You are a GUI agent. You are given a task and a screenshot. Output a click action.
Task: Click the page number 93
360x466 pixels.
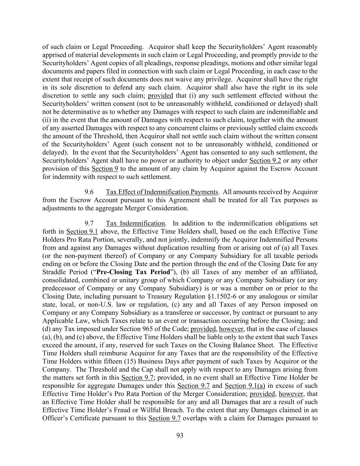[180, 435]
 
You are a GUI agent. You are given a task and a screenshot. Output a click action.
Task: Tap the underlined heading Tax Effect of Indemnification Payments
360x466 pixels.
[162, 192]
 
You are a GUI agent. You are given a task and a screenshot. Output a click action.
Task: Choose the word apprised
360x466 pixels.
[54, 55]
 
